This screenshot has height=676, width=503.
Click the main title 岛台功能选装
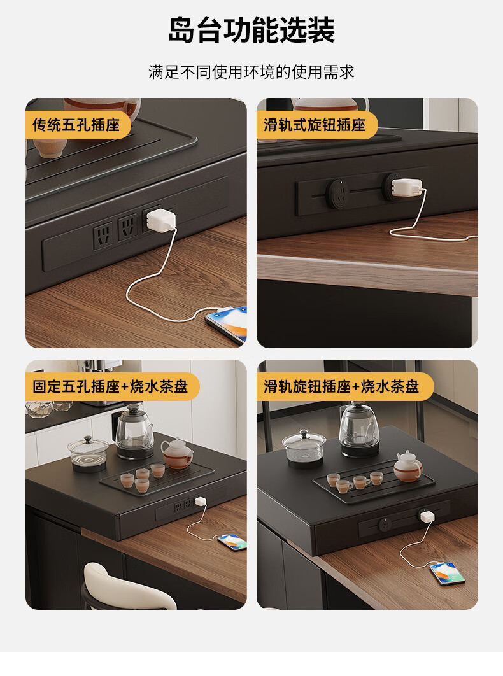[x=251, y=30]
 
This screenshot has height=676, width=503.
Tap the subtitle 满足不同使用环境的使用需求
[x=251, y=72]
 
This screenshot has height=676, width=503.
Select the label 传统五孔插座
[x=76, y=125]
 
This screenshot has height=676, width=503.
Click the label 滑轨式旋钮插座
[x=315, y=125]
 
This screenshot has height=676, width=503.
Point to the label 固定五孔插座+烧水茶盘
[x=110, y=386]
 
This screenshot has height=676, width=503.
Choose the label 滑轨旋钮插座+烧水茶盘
[x=341, y=386]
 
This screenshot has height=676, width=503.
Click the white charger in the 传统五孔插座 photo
[x=160, y=220]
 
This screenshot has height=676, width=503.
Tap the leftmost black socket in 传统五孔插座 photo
[x=103, y=234]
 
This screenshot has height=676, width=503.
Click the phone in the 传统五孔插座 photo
[x=227, y=324]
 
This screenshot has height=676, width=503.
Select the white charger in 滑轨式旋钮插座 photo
[x=406, y=188]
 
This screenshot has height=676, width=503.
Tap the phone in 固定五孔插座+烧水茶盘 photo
[x=232, y=542]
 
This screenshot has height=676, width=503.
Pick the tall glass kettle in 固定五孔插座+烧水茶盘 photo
[x=134, y=432]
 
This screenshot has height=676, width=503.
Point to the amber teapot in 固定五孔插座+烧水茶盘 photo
[x=176, y=453]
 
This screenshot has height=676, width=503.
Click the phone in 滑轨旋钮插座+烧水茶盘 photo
[x=448, y=574]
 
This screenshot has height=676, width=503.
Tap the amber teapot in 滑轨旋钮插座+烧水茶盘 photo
[x=407, y=467]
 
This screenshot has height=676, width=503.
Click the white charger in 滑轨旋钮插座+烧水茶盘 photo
[x=426, y=516]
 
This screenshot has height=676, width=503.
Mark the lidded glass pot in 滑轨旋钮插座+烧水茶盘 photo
[x=304, y=449]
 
